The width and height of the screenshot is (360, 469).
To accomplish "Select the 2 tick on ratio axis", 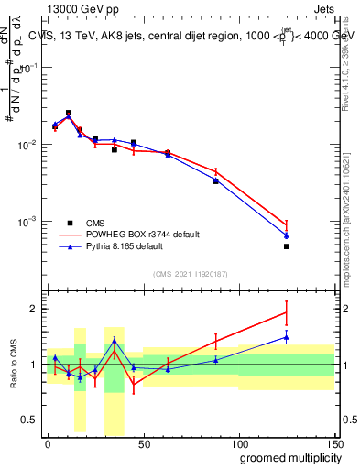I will click(35, 309).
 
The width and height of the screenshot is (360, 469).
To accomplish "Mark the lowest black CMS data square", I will click(286, 246).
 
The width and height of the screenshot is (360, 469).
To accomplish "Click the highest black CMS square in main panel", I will click(69, 113).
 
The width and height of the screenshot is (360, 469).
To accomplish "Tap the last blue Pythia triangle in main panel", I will click(286, 235).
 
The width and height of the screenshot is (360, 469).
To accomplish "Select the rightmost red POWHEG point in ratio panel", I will click(286, 312).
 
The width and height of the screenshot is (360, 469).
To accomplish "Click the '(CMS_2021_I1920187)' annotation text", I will click(189, 274).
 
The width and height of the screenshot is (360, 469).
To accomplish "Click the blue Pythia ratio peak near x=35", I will click(115, 341).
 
